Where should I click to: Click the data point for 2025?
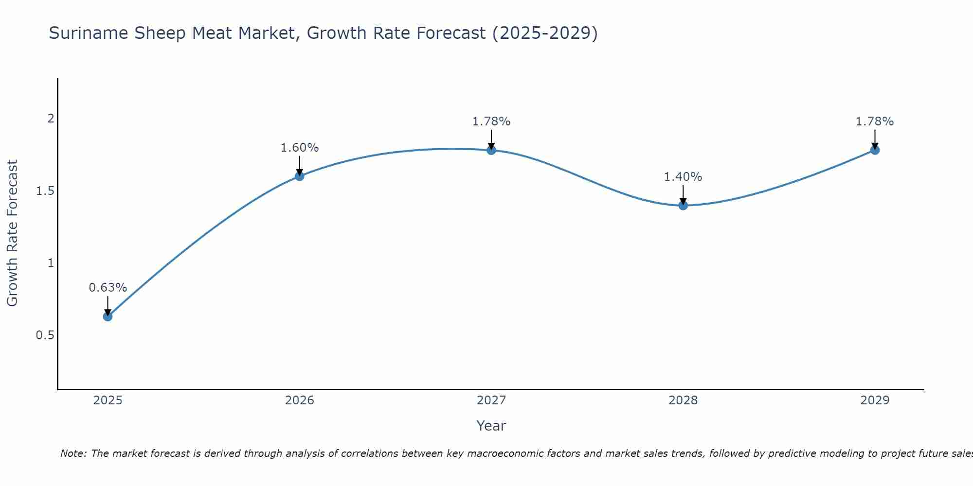(x=108, y=316)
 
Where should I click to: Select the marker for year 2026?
(x=300, y=176)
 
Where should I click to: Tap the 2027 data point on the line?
(x=491, y=150)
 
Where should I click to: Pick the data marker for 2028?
(x=683, y=205)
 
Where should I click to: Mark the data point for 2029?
(x=875, y=150)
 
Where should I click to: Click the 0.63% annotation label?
(x=108, y=288)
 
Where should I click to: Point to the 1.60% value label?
(x=300, y=148)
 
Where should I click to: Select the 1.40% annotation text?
(x=683, y=177)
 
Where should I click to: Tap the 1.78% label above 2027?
(x=491, y=121)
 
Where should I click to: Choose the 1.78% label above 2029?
(x=875, y=121)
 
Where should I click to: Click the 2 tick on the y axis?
(x=51, y=119)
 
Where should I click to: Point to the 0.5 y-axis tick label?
(x=45, y=335)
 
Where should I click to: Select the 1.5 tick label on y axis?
(x=45, y=191)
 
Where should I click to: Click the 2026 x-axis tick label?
(x=300, y=400)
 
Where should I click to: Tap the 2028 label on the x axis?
(x=683, y=400)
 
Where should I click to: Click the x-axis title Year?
(x=491, y=426)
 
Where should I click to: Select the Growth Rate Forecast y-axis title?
(x=13, y=233)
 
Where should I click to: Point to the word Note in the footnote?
(x=73, y=453)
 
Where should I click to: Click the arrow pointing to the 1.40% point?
(x=683, y=194)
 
